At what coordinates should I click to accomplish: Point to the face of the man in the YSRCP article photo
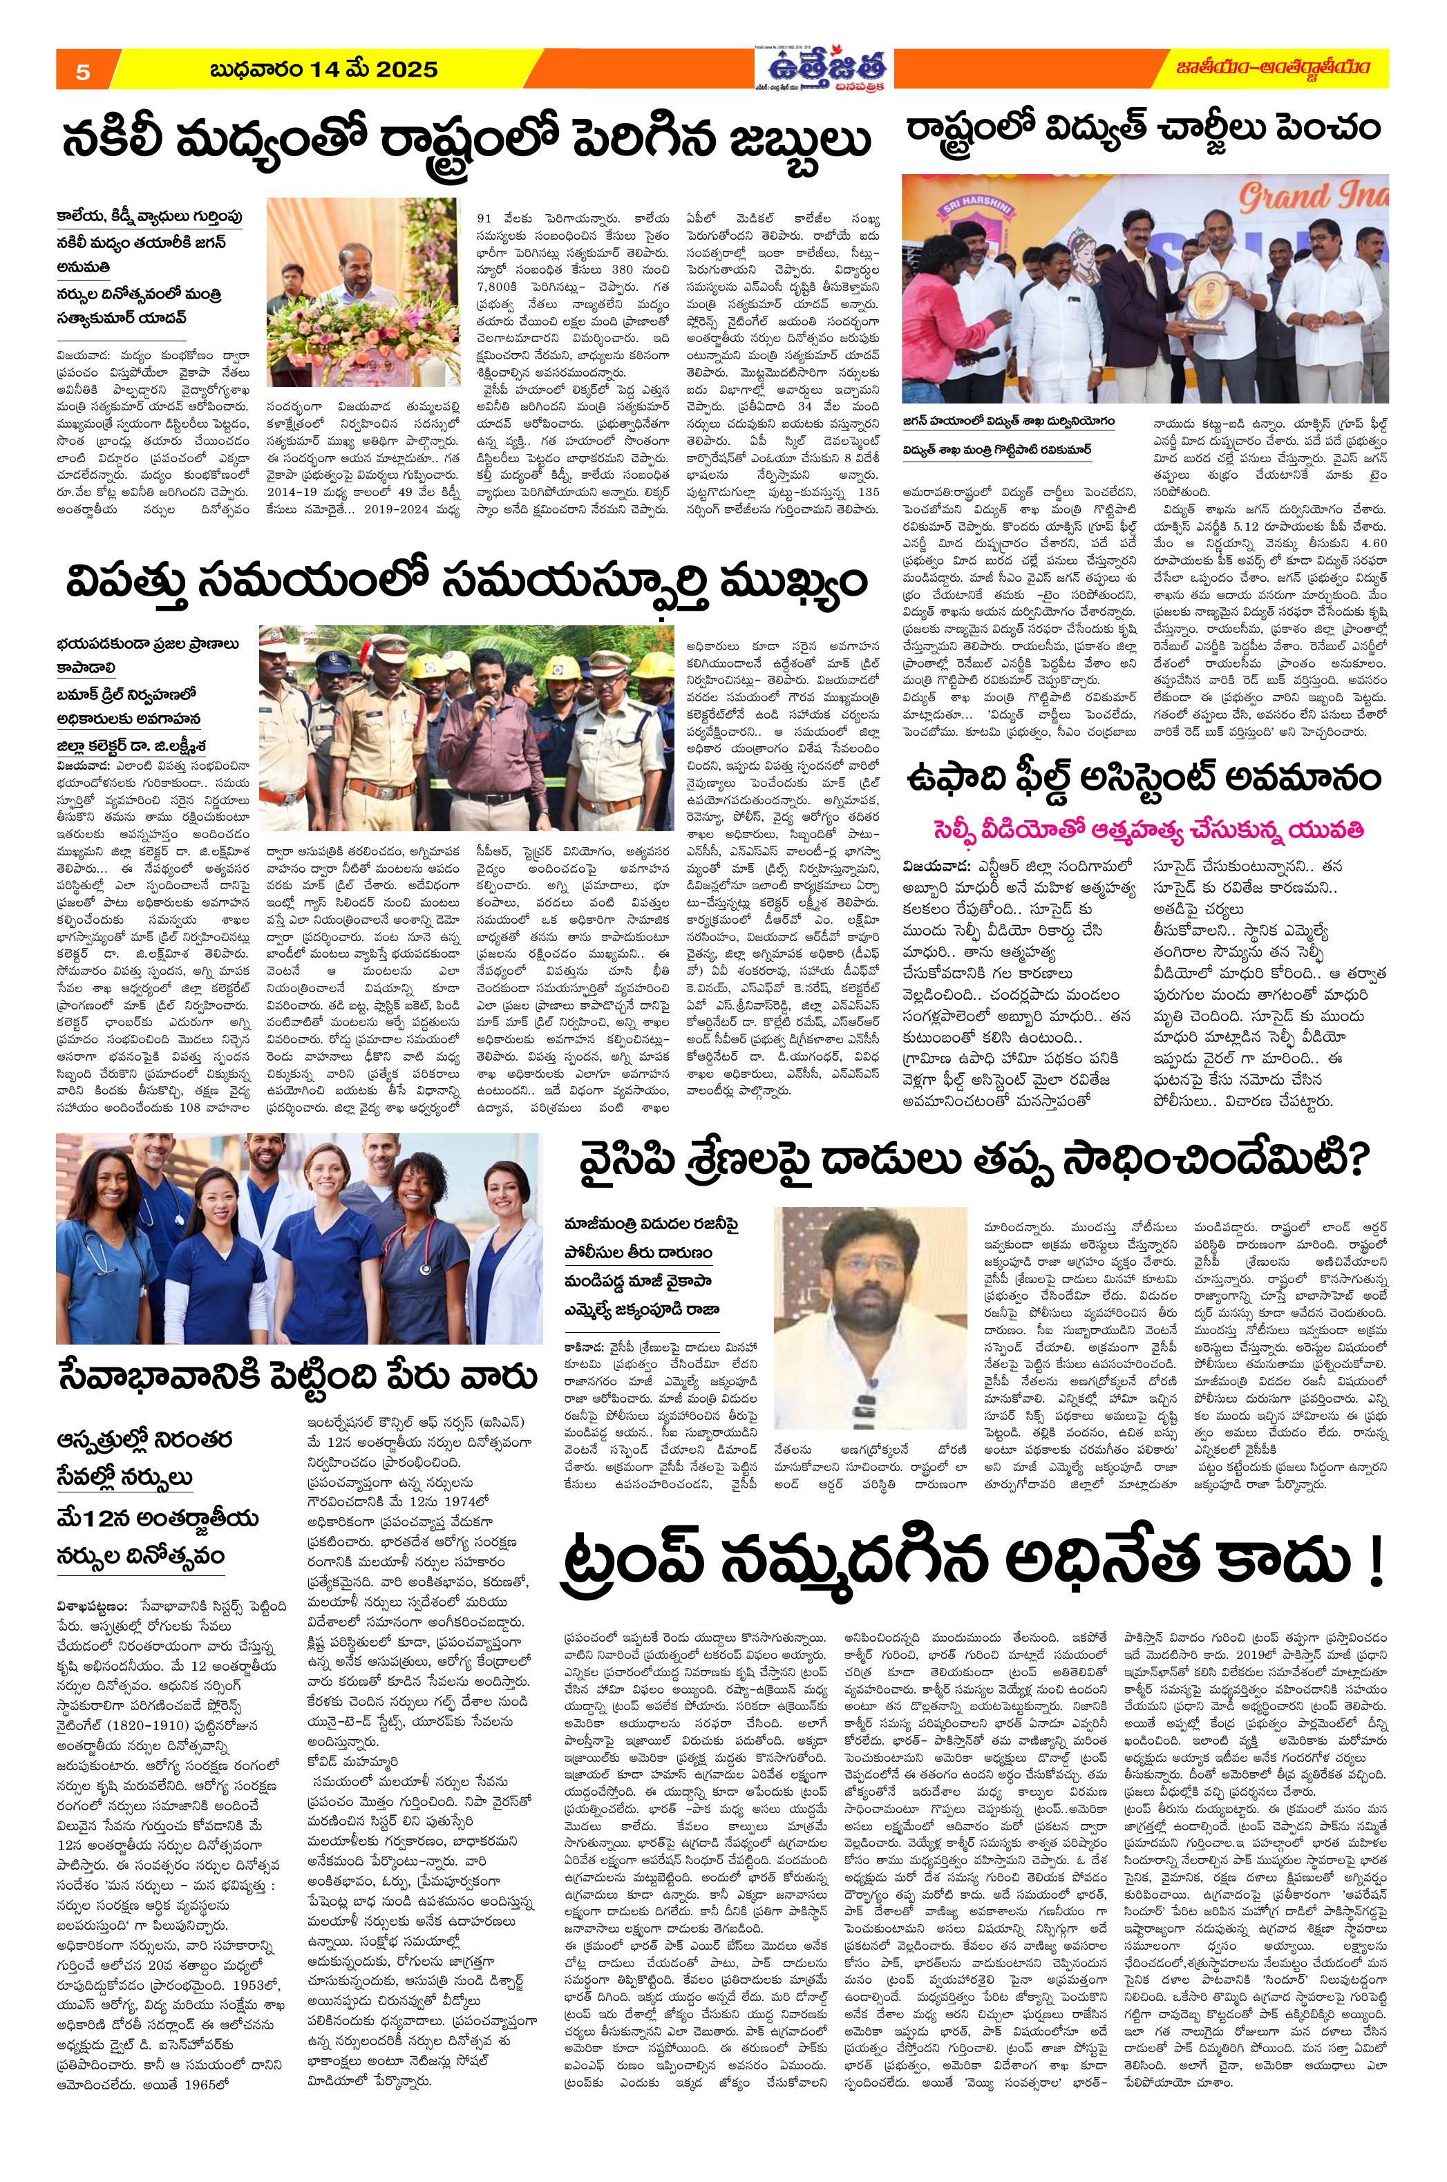(x=864, y=1273)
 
